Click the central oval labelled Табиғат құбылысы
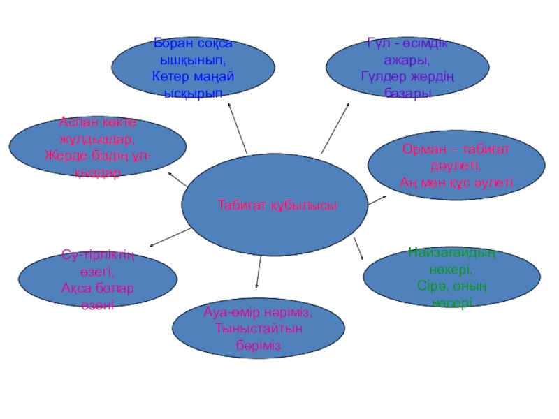[x=274, y=205]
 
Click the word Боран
[x=172, y=45]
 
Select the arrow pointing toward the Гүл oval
[x=337, y=126]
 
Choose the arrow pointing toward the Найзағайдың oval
[x=360, y=249]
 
